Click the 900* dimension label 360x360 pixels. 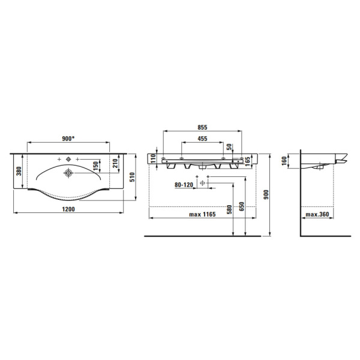[69, 139]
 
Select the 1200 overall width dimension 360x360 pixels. [68, 209]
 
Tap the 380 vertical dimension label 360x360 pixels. [19, 171]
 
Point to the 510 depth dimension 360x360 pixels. [132, 177]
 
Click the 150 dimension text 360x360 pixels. [96, 166]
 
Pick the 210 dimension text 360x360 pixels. [115, 163]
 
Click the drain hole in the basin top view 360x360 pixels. [68, 173]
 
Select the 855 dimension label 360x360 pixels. [202, 127]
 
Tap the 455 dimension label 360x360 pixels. [202, 139]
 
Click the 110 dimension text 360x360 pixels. [153, 158]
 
